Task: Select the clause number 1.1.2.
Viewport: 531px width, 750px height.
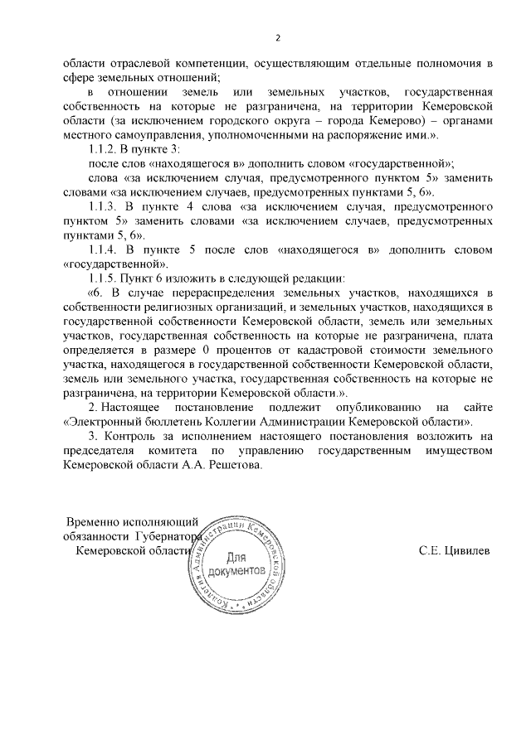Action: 105,149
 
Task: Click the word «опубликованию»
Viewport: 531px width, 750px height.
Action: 357,408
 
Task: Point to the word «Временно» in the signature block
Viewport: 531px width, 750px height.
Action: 97,522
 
